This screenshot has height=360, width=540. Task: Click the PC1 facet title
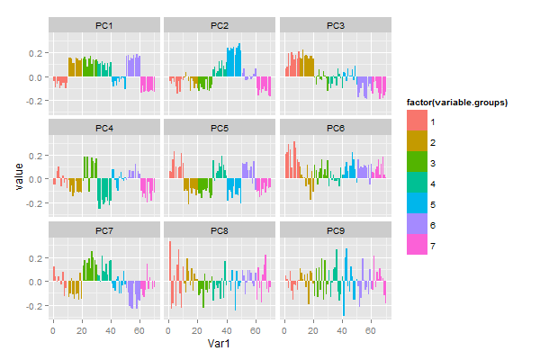tap(104, 26)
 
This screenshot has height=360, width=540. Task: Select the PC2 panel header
tap(220, 26)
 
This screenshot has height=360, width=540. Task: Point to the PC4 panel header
tap(104, 129)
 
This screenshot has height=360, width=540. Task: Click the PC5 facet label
tap(220, 129)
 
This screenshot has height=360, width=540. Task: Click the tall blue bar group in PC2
tap(233, 61)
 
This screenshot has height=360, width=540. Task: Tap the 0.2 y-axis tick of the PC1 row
tap(39, 54)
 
